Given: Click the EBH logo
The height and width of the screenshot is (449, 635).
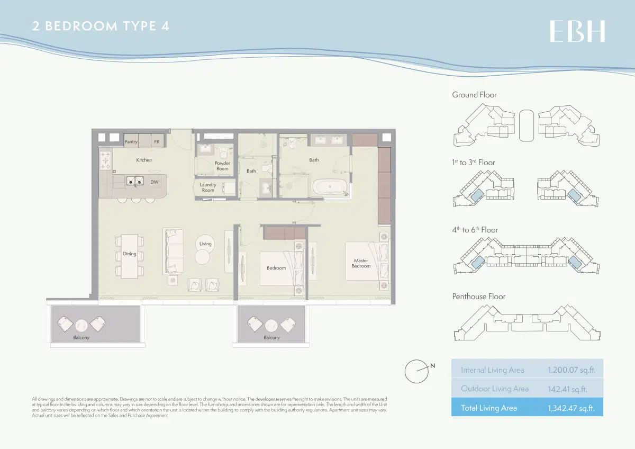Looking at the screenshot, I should click(x=577, y=31).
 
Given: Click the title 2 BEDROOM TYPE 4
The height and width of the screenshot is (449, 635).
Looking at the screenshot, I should click(x=101, y=26).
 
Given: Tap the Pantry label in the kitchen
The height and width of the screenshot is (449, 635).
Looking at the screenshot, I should click(x=131, y=142).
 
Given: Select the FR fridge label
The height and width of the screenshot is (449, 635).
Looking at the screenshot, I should click(x=157, y=142).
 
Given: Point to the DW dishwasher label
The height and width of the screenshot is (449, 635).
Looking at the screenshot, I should click(x=155, y=182).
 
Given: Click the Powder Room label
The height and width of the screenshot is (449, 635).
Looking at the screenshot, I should click(x=222, y=166).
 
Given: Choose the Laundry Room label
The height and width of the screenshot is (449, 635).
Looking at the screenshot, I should click(x=208, y=187).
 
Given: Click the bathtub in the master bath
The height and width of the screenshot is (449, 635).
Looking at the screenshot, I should click(x=330, y=187).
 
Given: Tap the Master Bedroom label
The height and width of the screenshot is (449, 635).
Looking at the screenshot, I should click(x=361, y=263).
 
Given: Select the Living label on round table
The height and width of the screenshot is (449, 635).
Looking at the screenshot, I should click(x=205, y=244).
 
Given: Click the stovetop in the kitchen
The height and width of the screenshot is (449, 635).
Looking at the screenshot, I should click(x=105, y=160).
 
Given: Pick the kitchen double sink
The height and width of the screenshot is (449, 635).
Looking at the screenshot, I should click(x=134, y=182).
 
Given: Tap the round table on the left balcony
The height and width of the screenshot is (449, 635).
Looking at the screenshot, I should click(x=81, y=325).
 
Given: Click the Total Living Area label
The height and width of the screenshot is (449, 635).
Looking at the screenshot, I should click(x=489, y=408).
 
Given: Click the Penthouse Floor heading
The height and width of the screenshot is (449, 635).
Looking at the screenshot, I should click(x=478, y=297).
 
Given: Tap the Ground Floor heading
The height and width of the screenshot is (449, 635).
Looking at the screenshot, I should click(x=474, y=95).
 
